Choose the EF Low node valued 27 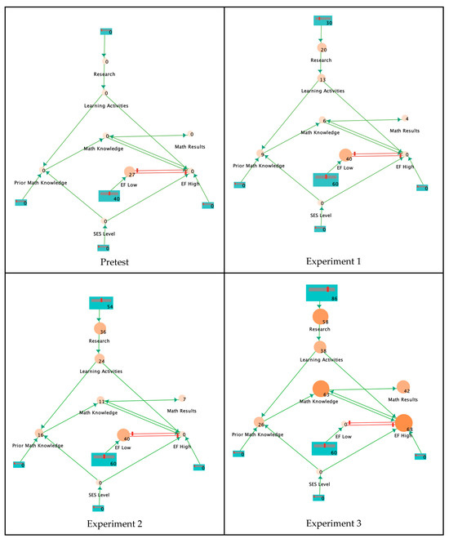[129, 171]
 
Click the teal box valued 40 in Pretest [109, 195]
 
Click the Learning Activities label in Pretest [106, 105]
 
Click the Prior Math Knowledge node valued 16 [38, 434]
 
